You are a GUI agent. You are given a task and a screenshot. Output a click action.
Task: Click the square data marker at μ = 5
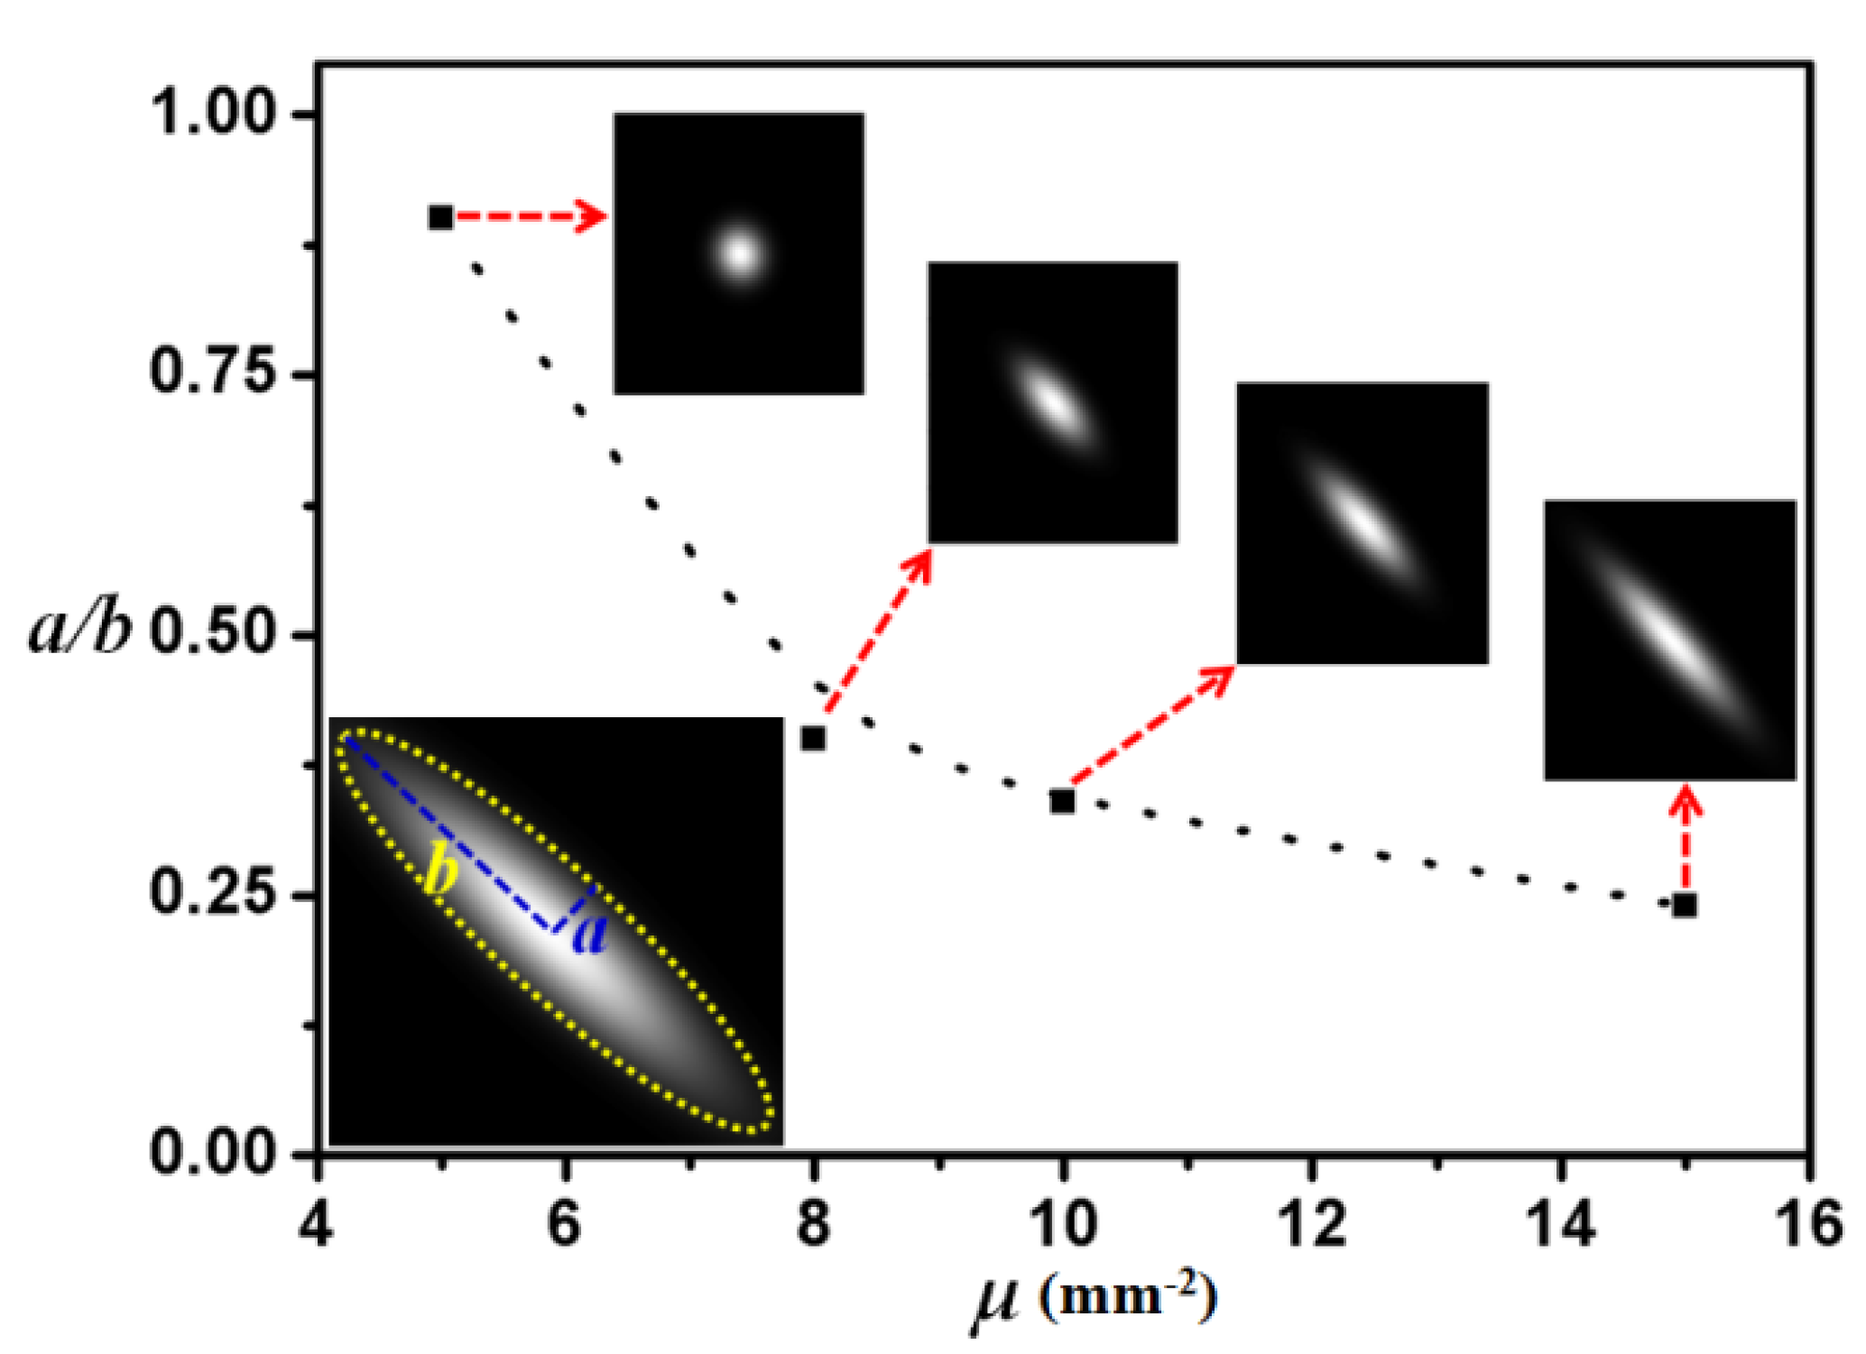[x=440, y=217]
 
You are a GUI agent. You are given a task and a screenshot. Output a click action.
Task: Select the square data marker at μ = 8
[x=813, y=739]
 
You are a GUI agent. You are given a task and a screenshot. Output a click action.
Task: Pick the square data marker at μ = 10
[x=1062, y=800]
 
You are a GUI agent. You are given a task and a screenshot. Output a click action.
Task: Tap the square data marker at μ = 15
[x=1684, y=906]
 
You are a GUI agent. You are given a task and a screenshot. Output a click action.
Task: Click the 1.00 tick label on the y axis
[x=211, y=114]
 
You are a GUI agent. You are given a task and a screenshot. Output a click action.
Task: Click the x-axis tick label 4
[x=317, y=1225]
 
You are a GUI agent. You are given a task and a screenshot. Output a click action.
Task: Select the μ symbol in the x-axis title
[x=996, y=1300]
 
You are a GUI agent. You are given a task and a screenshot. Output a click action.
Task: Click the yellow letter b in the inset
[x=441, y=872]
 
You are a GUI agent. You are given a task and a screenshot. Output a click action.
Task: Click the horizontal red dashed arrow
[x=528, y=216]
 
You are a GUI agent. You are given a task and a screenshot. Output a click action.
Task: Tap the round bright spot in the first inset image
[x=740, y=253]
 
